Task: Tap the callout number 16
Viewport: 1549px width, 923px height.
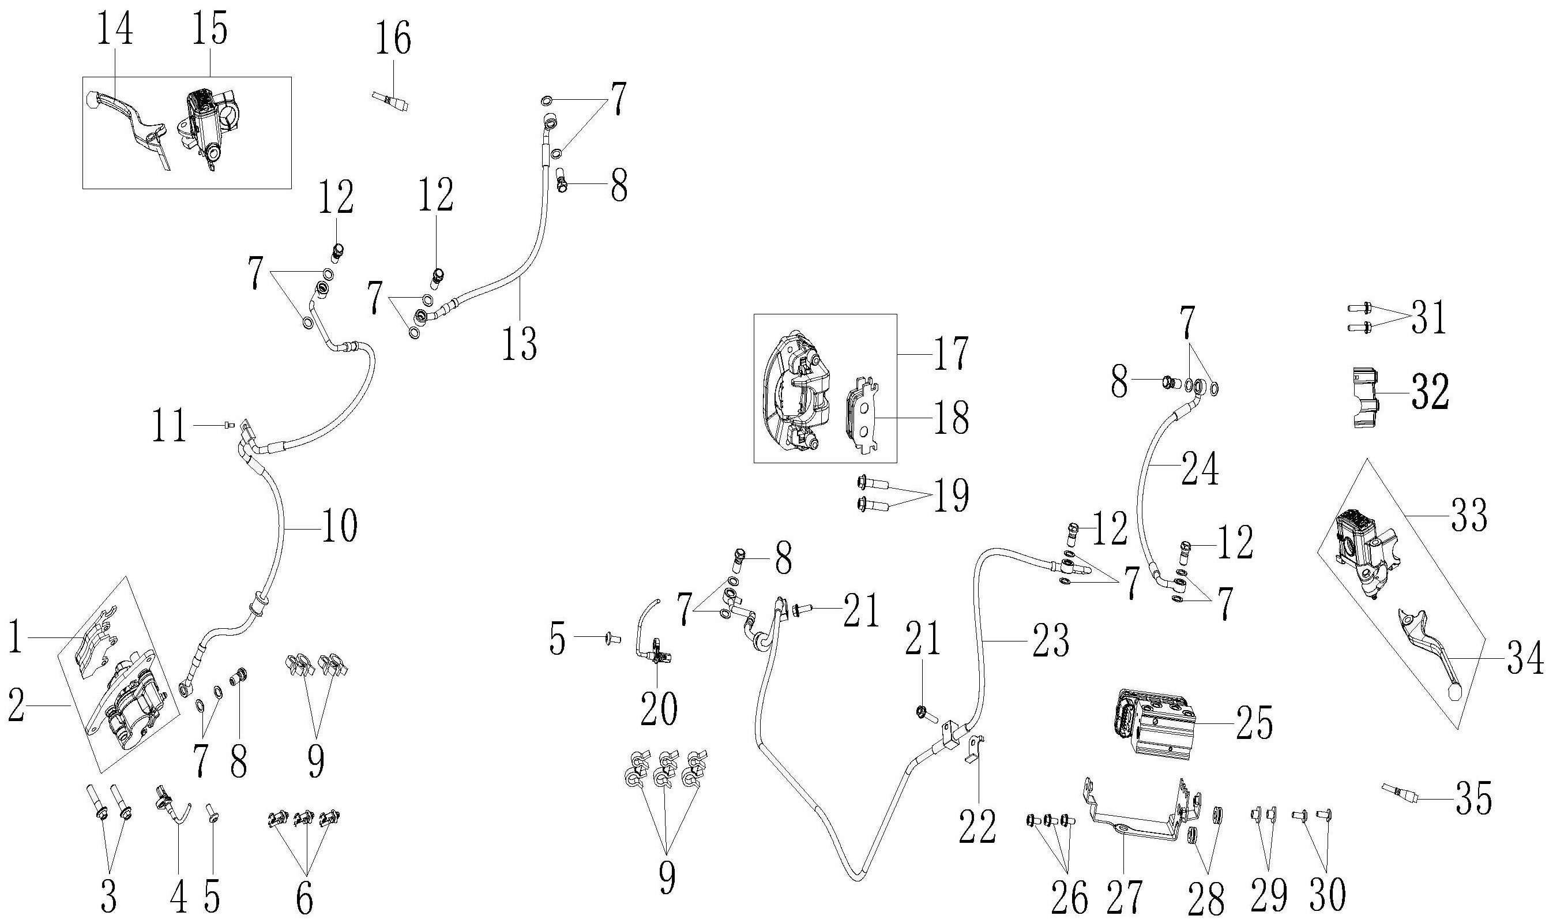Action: point(393,39)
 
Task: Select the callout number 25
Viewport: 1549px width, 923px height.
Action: point(1253,723)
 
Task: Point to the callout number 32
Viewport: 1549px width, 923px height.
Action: point(1430,392)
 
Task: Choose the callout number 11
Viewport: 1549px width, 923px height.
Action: point(170,427)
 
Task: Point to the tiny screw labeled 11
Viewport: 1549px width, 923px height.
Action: point(228,425)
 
